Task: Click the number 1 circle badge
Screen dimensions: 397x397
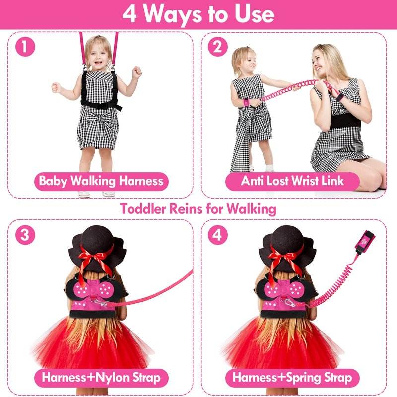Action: coord(25,47)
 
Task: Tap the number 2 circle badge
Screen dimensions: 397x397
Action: coord(218,47)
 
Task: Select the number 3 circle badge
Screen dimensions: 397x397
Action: coord(25,235)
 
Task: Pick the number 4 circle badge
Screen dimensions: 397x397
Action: coord(218,235)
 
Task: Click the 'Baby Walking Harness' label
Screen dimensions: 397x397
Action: coord(101,181)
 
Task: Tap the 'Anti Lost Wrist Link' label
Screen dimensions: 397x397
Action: coord(292,181)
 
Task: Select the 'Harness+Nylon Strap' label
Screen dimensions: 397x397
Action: coord(101,378)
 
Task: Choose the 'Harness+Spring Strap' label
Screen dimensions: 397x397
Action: coord(292,378)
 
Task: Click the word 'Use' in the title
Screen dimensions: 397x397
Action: coord(254,14)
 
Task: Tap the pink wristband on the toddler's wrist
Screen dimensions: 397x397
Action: coord(246,102)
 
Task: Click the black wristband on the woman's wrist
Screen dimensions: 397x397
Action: coord(339,97)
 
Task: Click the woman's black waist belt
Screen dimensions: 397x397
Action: coord(345,121)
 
